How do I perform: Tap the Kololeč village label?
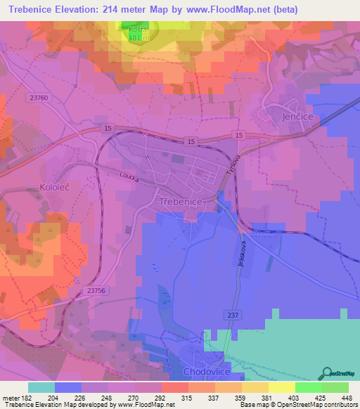pyautogui.click(x=24, y=190)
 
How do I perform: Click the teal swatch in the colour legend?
pyautogui.click(x=41, y=387)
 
